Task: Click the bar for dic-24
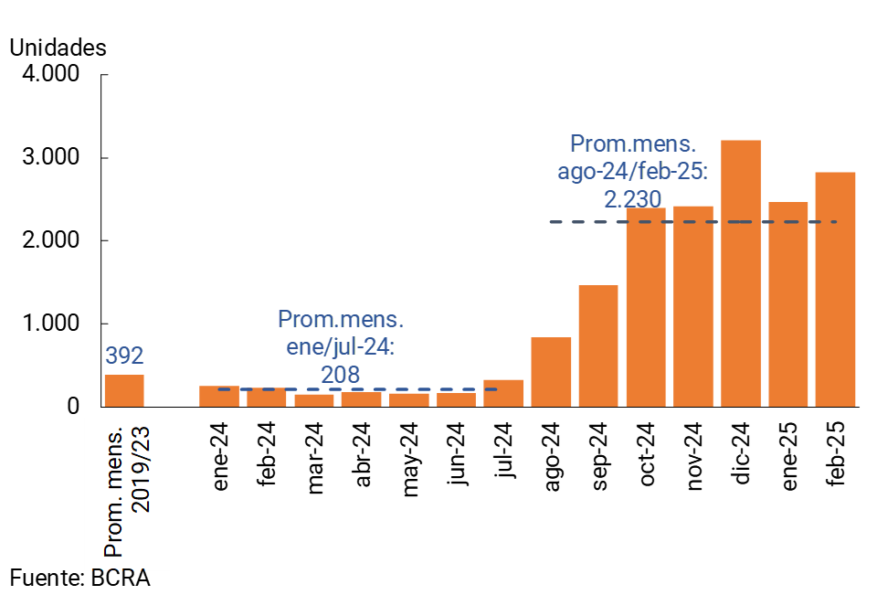pyautogui.click(x=741, y=274)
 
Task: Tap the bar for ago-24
pyautogui.click(x=551, y=372)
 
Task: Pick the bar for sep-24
pyautogui.click(x=598, y=346)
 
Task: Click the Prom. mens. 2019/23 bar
pyautogui.click(x=124, y=390)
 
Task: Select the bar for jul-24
pyautogui.click(x=503, y=394)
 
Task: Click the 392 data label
pyautogui.click(x=124, y=356)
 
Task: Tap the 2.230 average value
pyautogui.click(x=633, y=198)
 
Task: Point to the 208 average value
pyautogui.click(x=340, y=374)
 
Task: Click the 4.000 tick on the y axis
pyautogui.click(x=50, y=74)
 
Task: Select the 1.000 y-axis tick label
pyautogui.click(x=50, y=324)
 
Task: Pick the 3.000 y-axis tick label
pyautogui.click(x=50, y=157)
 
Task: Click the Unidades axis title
pyautogui.click(x=58, y=48)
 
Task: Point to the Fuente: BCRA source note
pyautogui.click(x=79, y=577)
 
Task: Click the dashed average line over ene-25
pyautogui.click(x=787, y=222)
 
